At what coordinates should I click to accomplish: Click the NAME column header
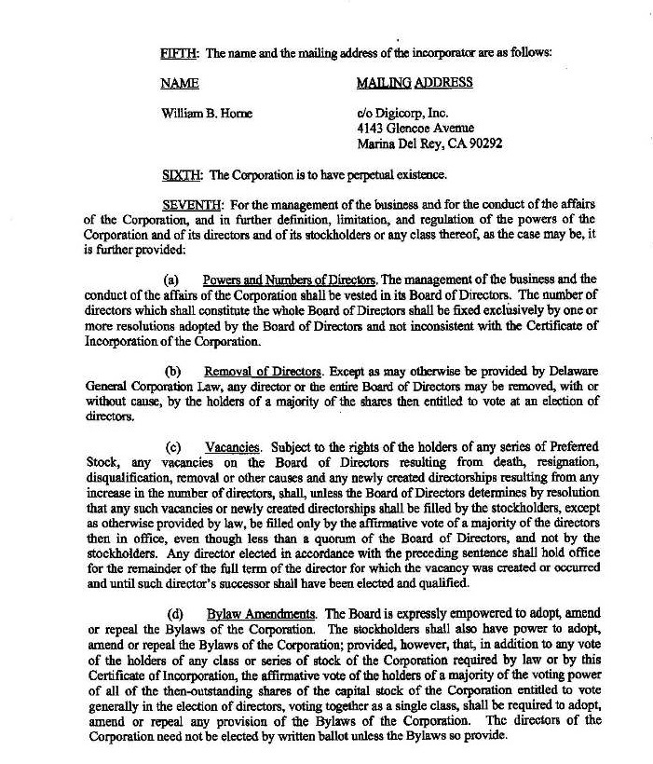pyautogui.click(x=179, y=83)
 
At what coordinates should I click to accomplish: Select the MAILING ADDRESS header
pyautogui.click(x=414, y=83)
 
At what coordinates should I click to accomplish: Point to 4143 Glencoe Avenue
pyautogui.click(x=415, y=128)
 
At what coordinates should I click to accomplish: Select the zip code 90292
pyautogui.click(x=485, y=143)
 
